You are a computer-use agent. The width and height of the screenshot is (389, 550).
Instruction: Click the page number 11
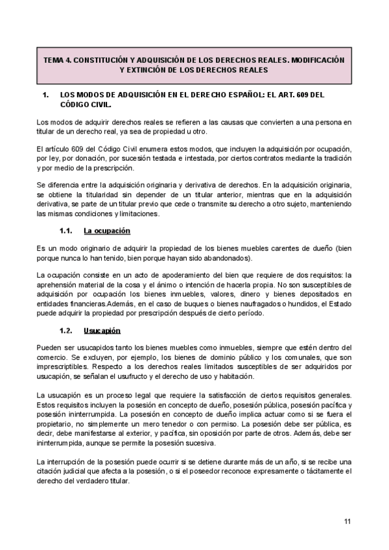348,521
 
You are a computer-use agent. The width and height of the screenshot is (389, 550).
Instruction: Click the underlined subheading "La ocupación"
108,230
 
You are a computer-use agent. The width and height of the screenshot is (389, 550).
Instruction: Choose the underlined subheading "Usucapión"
103,330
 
